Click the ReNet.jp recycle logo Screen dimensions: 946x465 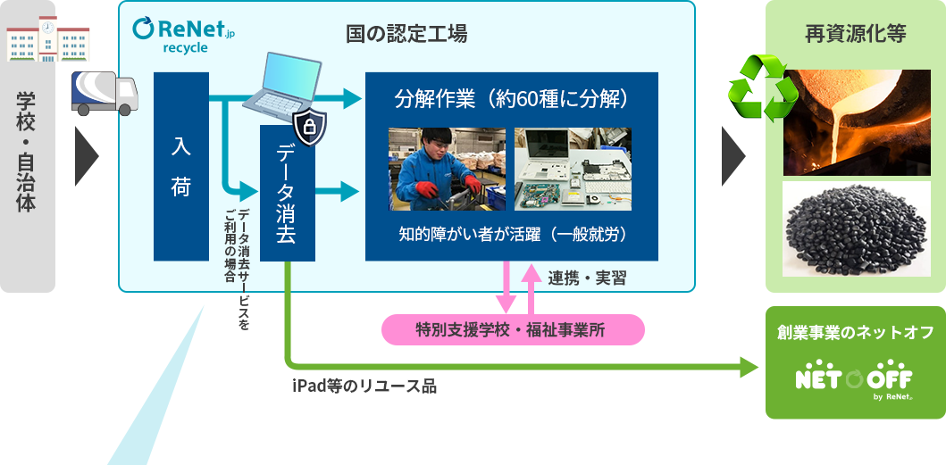pos(183,35)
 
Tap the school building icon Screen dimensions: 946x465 pos(47,39)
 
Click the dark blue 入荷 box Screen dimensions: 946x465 pos(181,167)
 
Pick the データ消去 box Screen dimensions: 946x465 pos(287,194)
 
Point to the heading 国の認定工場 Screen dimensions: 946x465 pos(406,35)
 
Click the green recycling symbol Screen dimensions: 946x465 pos(763,88)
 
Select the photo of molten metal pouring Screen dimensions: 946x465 pos(857,122)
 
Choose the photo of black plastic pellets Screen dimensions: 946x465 pos(857,229)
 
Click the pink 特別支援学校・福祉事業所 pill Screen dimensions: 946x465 pos(514,329)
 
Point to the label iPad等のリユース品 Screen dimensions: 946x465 pos(364,386)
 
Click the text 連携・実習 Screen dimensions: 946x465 pos(587,278)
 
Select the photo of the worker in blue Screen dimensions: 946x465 pos(447,169)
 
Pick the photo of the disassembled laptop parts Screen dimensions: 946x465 pos(573,169)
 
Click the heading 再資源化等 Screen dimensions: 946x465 pos(856,35)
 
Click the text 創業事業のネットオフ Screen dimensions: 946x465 pos(856,332)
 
